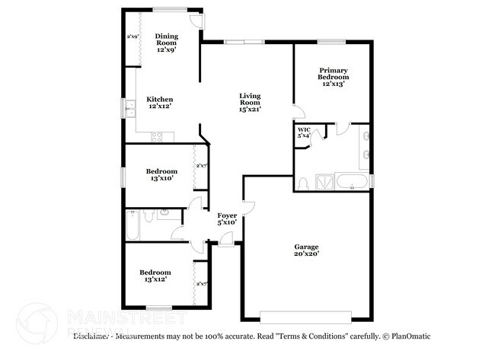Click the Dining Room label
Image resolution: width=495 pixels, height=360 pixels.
(166, 43)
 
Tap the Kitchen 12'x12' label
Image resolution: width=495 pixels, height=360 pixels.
(160, 103)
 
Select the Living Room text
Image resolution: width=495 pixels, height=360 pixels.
(250, 103)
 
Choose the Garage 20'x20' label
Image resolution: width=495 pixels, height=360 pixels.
(307, 250)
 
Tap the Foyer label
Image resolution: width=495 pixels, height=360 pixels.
(228, 218)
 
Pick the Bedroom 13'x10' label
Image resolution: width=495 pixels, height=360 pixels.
(162, 175)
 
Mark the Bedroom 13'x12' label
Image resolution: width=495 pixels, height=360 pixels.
(155, 276)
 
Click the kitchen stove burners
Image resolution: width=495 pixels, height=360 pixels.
(158, 137)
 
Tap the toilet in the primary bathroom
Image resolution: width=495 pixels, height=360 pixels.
(302, 183)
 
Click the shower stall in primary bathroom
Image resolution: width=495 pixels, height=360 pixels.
(324, 181)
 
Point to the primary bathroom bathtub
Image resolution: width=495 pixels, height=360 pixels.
(352, 182)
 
